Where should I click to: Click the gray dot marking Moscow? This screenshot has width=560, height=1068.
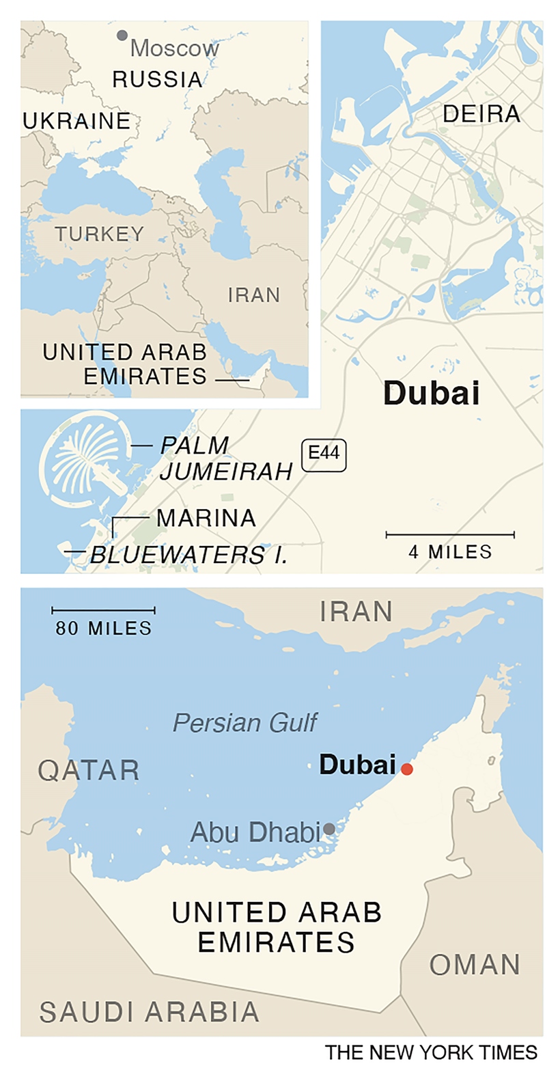pos(122,35)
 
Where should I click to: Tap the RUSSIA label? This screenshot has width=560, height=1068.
pos(157,80)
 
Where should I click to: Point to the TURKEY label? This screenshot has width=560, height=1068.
pos(100,234)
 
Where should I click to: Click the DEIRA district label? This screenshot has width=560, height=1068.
pos(481,114)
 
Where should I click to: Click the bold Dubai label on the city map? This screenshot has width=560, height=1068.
pos(431,394)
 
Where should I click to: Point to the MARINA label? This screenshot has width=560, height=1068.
pos(206,518)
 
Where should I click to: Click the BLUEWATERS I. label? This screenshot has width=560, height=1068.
pos(188,554)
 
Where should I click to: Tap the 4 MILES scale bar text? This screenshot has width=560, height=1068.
pos(450,551)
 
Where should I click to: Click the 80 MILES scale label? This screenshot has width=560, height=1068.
pos(104,628)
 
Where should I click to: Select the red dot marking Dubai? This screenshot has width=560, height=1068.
pos(407,769)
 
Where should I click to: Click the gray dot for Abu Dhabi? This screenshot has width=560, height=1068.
pos(329,829)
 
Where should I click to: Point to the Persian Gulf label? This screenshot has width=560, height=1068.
pos(245,722)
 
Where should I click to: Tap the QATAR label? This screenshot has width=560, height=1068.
pos(89,770)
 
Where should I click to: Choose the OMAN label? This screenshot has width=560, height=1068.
pos(475,965)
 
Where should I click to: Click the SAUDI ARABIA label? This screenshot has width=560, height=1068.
pos(149,1011)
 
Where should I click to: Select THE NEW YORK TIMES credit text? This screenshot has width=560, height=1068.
pos(431,1052)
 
